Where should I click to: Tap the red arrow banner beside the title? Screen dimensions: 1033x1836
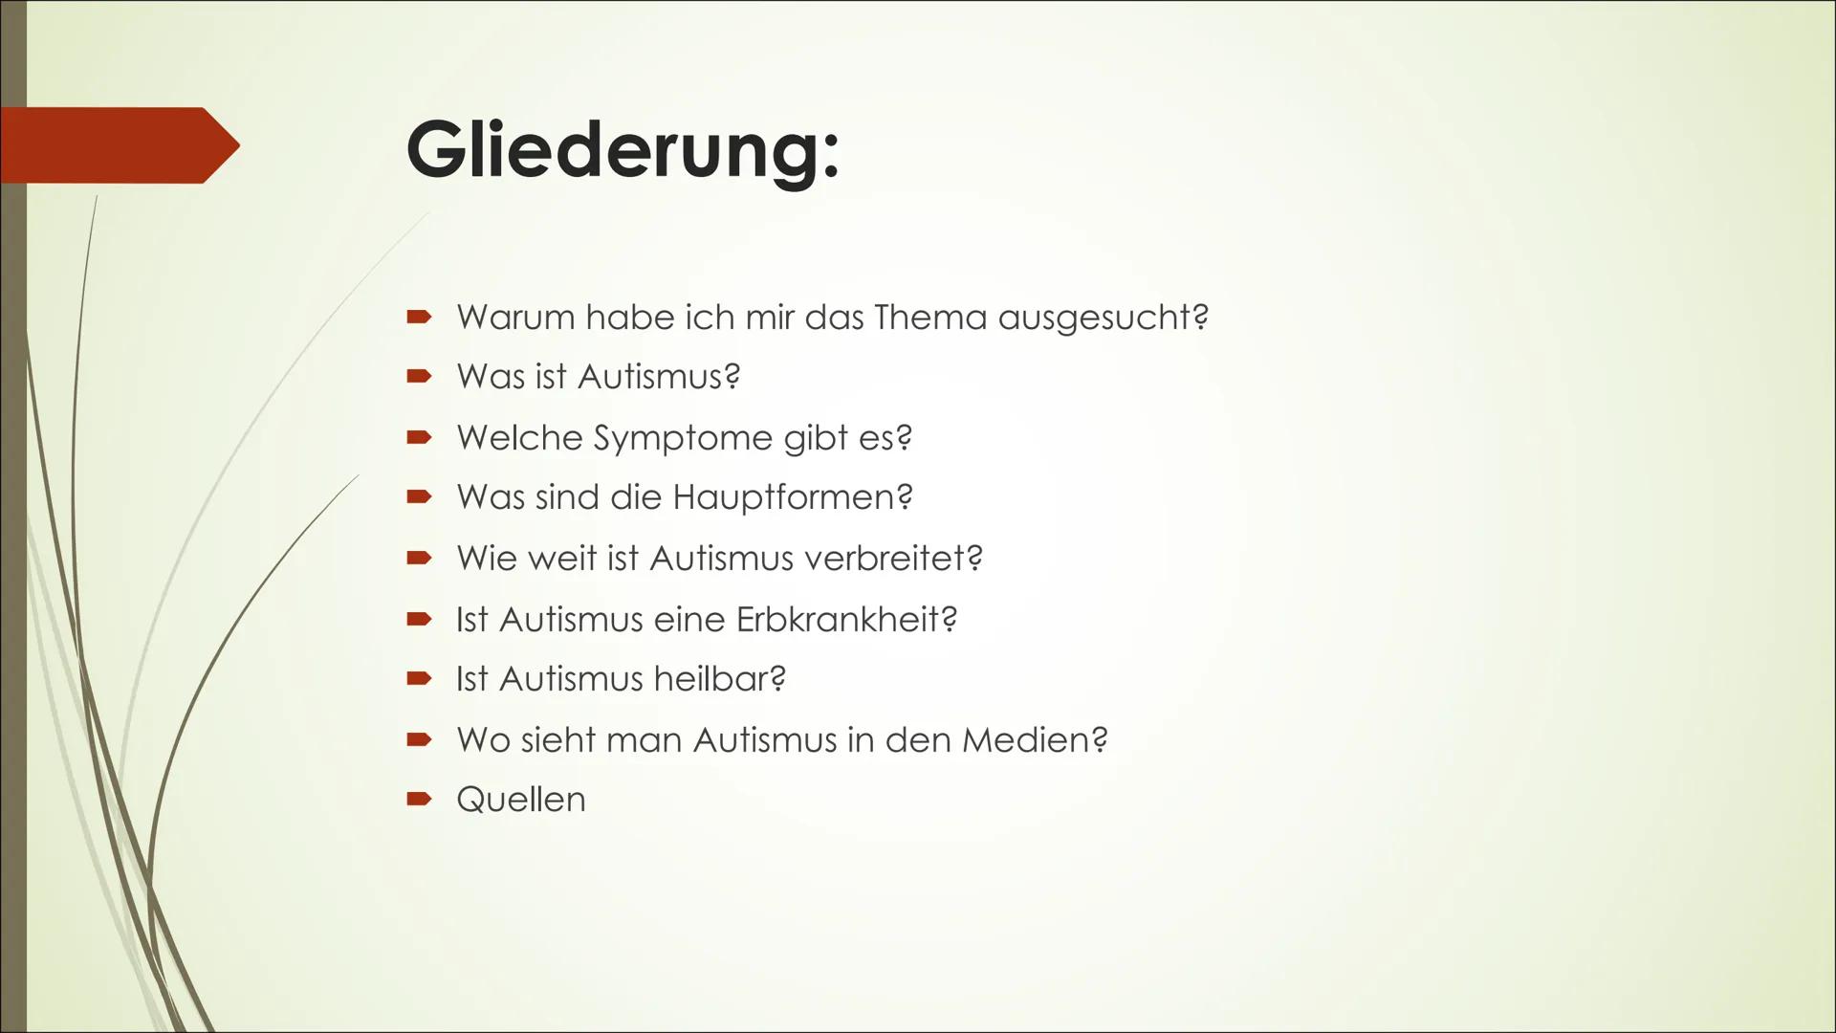(x=120, y=145)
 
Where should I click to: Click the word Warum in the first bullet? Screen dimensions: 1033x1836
(x=514, y=318)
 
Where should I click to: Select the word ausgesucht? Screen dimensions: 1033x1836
(x=1104, y=318)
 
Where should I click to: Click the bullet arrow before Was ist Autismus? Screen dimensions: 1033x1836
(x=419, y=377)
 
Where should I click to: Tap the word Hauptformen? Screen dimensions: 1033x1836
(x=793, y=497)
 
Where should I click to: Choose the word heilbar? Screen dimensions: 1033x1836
(x=720, y=679)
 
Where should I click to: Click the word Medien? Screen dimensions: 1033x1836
(x=1035, y=740)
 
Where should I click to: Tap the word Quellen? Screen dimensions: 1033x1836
(x=521, y=800)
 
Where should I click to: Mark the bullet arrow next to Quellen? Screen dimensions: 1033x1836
(x=419, y=799)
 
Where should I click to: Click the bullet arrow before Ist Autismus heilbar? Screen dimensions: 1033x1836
(x=419, y=679)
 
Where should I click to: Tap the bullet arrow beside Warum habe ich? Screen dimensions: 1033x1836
(x=419, y=317)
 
